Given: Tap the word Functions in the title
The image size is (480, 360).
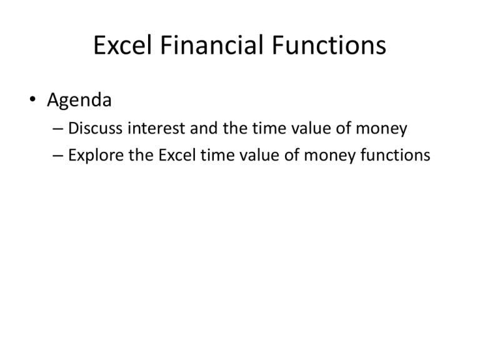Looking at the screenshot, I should click(327, 46).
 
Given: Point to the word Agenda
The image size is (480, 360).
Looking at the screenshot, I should click(79, 99).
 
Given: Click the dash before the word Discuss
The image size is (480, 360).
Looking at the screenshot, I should click(58, 129).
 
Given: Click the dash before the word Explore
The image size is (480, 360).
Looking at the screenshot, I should click(58, 155).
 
